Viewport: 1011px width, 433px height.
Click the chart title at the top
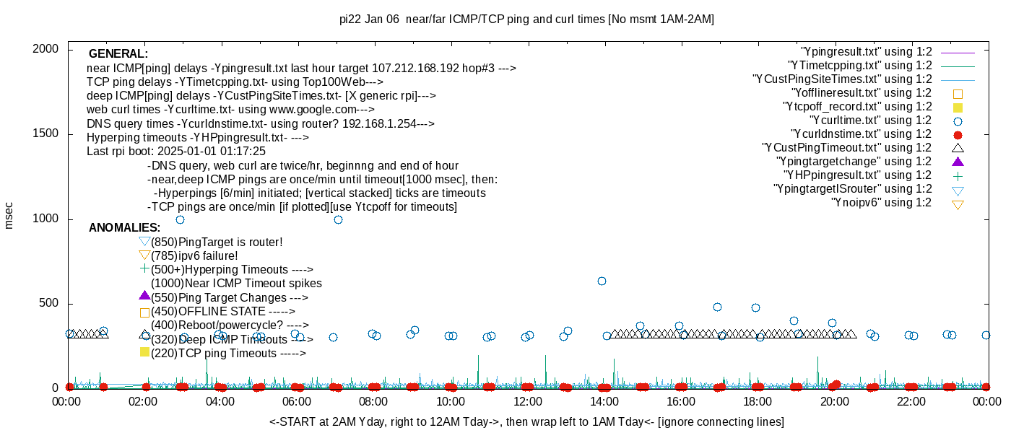coord(526,19)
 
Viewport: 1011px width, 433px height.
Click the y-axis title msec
coord(9,215)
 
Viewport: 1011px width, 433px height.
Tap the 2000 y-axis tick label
coord(46,49)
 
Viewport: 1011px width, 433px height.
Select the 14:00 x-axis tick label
coord(604,401)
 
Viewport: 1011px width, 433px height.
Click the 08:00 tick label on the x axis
coord(373,401)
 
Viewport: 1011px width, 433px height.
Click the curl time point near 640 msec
coord(602,281)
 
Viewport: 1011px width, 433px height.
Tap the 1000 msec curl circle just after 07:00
coord(338,219)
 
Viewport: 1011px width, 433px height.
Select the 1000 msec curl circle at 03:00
coord(180,219)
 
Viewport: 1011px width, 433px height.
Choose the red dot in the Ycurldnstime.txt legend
coord(958,134)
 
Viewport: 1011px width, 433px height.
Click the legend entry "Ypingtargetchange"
coord(854,162)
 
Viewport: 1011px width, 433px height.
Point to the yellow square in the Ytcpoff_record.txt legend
coord(958,107)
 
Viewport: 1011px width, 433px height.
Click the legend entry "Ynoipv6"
coord(881,203)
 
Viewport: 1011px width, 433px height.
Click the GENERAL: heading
coord(118,54)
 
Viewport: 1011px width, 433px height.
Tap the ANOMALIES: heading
coord(124,228)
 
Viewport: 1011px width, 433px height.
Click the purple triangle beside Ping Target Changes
coord(144,296)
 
